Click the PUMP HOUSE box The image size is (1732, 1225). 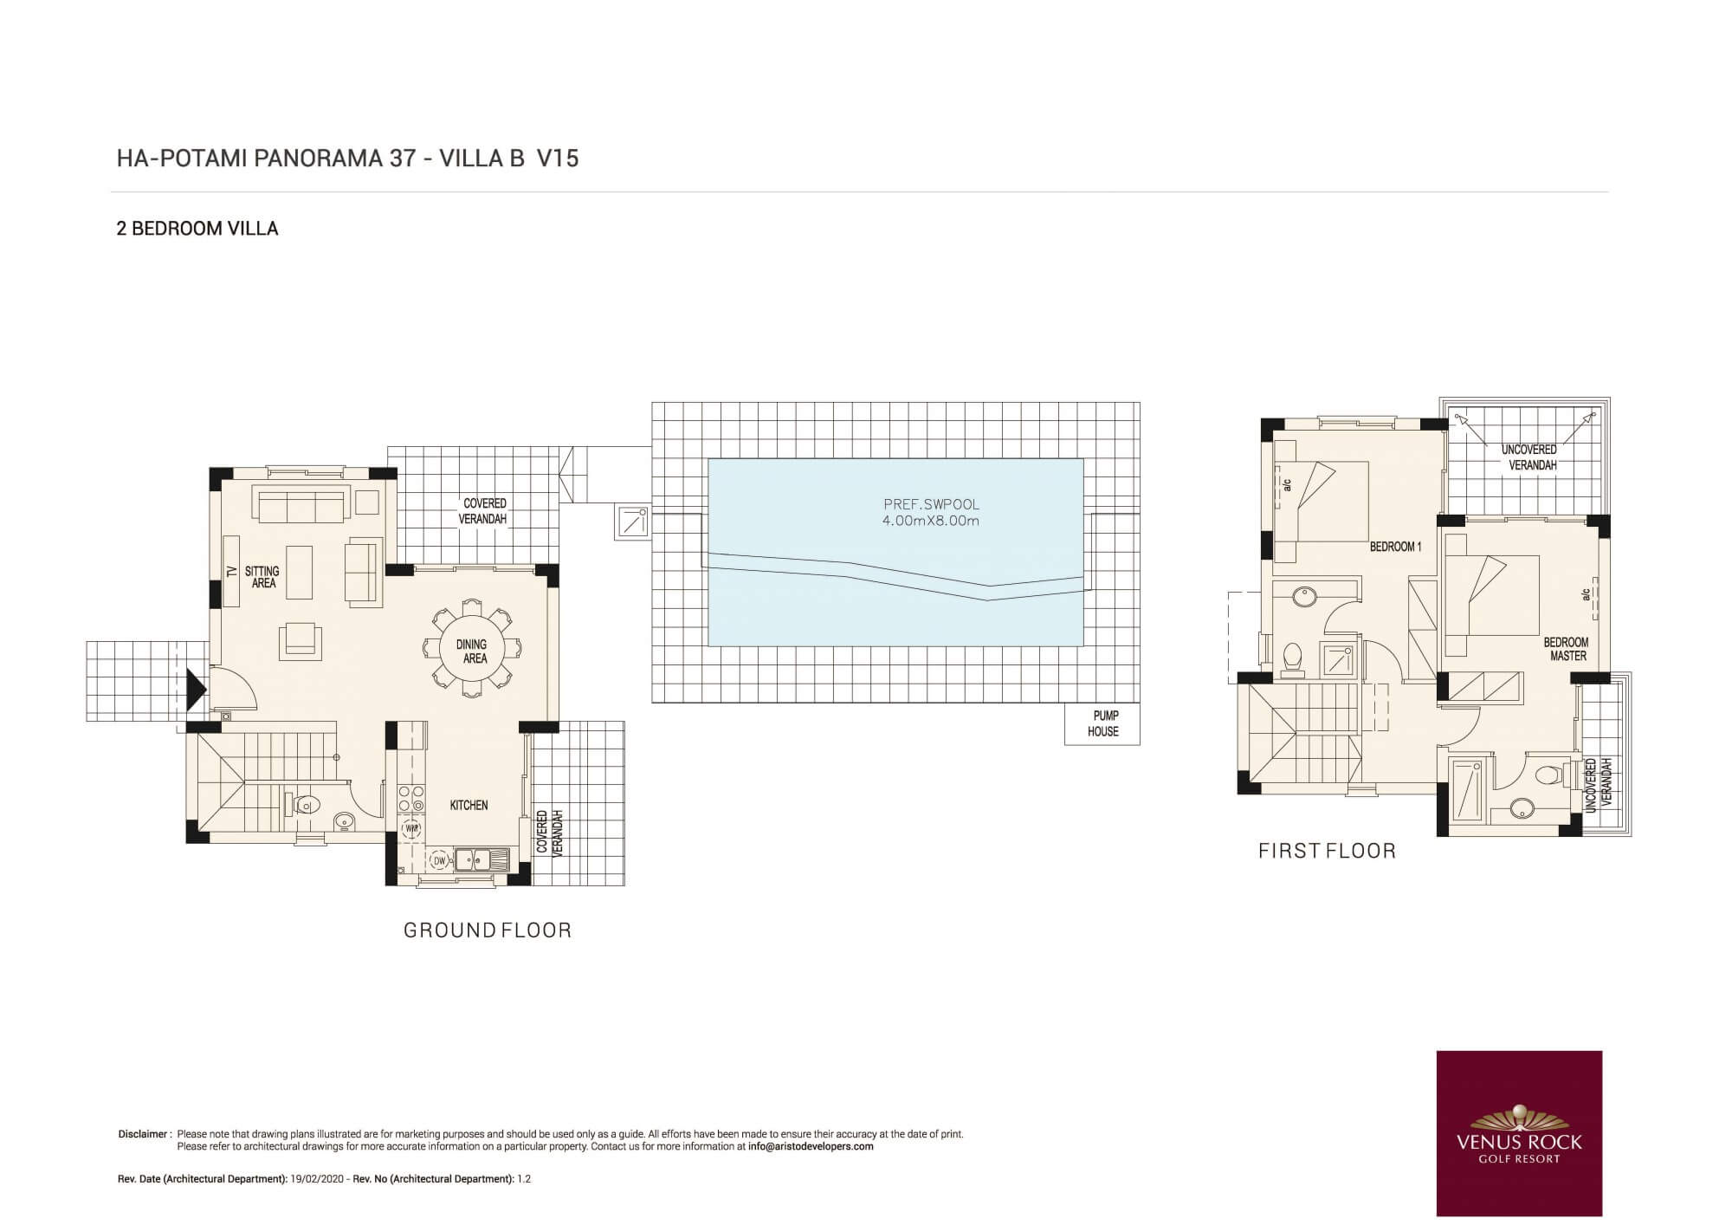click(x=1102, y=723)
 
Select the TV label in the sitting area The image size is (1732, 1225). click(x=231, y=572)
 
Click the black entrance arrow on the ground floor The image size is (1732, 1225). click(x=197, y=690)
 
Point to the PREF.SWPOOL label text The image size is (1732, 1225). click(x=931, y=504)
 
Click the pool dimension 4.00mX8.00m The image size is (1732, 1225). click(x=931, y=521)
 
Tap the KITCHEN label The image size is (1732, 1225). click(x=469, y=805)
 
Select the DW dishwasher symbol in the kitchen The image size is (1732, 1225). click(x=439, y=860)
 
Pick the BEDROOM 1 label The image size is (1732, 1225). click(x=1395, y=547)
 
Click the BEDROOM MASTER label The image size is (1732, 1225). click(x=1566, y=649)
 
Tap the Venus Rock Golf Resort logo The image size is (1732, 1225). click(x=1519, y=1133)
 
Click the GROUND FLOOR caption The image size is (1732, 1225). click(x=488, y=930)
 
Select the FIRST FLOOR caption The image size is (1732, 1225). click(x=1327, y=851)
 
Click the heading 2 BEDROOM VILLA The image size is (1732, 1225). click(x=197, y=229)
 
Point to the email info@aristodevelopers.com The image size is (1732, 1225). click(x=811, y=1146)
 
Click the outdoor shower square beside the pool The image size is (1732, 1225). click(x=633, y=522)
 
